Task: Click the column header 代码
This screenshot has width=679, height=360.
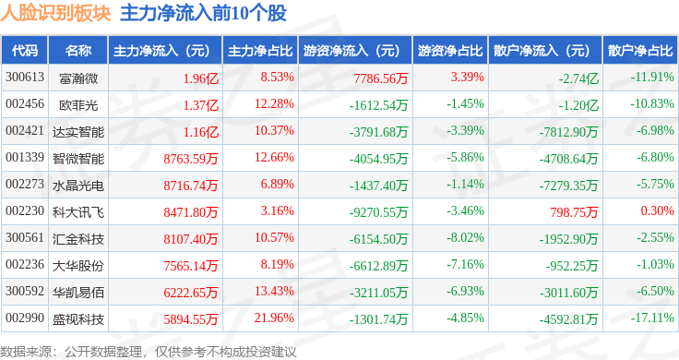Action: click(x=25, y=51)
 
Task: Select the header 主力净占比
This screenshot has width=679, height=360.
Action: click(x=260, y=51)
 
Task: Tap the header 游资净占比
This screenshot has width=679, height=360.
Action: click(x=450, y=51)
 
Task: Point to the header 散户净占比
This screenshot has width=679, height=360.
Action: click(x=640, y=51)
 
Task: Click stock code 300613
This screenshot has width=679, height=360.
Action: click(x=25, y=78)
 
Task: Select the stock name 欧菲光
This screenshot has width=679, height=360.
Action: click(x=78, y=105)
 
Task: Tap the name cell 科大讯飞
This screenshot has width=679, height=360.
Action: click(x=78, y=212)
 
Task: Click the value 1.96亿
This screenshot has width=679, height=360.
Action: click(x=201, y=78)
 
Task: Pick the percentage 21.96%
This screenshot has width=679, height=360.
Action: click(x=274, y=318)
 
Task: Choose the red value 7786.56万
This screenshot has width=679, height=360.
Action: click(x=381, y=78)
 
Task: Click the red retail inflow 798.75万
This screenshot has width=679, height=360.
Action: click(x=574, y=212)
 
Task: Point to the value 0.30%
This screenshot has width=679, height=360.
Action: click(x=658, y=211)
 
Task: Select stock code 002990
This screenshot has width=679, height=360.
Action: click(x=25, y=318)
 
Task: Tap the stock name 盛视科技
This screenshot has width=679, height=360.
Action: click(x=78, y=319)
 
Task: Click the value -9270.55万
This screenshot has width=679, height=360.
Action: click(x=379, y=212)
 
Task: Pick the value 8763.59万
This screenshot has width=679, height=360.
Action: click(x=191, y=159)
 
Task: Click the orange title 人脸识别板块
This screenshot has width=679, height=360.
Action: click(x=56, y=14)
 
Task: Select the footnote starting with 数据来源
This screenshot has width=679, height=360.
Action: click(x=149, y=352)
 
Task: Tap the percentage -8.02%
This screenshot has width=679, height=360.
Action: click(x=466, y=238)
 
